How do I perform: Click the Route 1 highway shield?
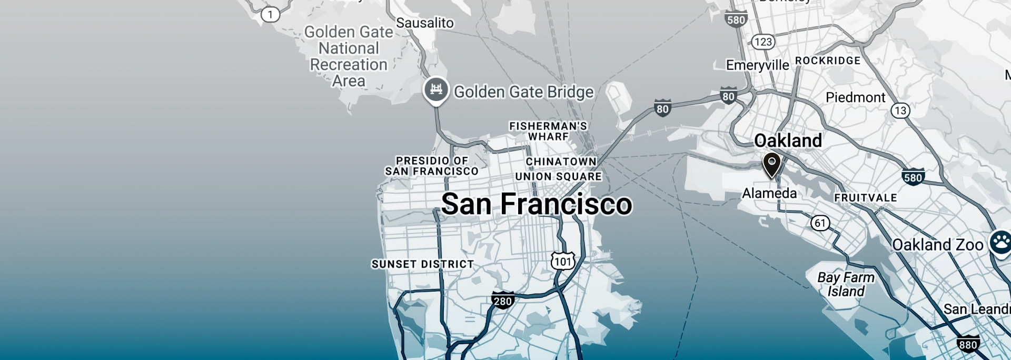(270, 14)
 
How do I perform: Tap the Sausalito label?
(424, 23)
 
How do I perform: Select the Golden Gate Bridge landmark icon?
(436, 89)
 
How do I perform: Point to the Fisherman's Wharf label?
(548, 131)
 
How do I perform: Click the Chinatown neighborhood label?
(561, 162)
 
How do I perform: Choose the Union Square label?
(558, 176)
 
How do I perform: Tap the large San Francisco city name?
(536, 204)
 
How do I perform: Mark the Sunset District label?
(422, 264)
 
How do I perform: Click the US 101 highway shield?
(562, 261)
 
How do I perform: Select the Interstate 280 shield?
(502, 301)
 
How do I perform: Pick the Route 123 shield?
(763, 42)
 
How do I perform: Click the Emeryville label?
(757, 65)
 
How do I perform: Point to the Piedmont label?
(855, 97)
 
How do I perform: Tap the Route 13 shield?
(900, 111)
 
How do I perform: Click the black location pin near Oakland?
(771, 164)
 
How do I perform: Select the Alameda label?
(769, 193)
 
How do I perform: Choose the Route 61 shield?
(820, 223)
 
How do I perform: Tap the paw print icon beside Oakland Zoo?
(1000, 243)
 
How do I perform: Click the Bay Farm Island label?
(846, 284)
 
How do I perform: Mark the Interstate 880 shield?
(968, 345)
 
